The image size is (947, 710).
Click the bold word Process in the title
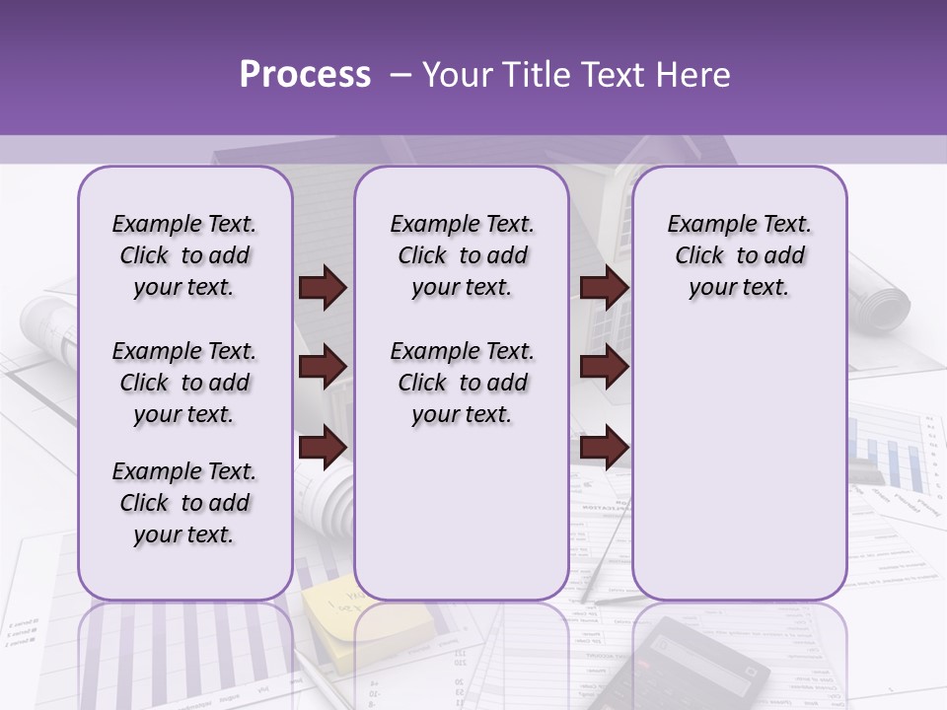tap(305, 75)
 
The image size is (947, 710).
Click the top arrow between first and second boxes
tap(323, 288)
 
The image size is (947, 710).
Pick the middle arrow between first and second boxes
tap(323, 367)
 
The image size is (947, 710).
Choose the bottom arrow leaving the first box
tap(323, 446)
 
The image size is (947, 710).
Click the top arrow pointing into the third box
tap(604, 288)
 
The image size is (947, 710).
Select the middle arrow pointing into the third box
tap(604, 367)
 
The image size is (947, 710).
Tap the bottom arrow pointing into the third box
tap(604, 446)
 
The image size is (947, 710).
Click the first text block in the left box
tap(184, 255)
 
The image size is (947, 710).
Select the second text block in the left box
tap(184, 383)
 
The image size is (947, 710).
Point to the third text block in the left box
tap(184, 503)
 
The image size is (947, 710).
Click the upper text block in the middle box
tap(462, 255)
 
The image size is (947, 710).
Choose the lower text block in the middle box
tap(462, 383)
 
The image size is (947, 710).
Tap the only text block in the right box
tap(739, 255)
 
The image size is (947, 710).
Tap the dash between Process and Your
tap(401, 75)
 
